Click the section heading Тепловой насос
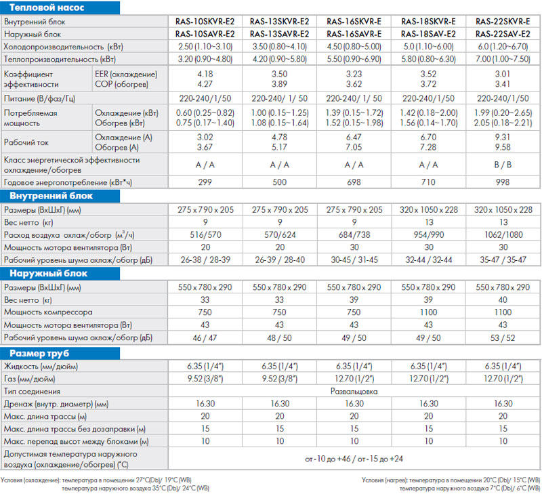47,7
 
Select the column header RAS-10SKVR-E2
205,22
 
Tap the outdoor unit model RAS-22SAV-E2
503,35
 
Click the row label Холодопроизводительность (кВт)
63,47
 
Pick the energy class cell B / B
503,165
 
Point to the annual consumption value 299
205,182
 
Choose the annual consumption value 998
503,182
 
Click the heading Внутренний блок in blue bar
51,196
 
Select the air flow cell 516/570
205,235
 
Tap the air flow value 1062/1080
503,235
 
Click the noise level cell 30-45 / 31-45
354,260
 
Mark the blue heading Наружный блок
48,273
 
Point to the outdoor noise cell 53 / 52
503,337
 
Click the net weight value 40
503,299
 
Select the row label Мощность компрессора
48,312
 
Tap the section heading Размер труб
39,353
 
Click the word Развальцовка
354,391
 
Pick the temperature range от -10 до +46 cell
354,459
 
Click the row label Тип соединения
32,391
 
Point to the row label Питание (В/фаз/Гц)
39,99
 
